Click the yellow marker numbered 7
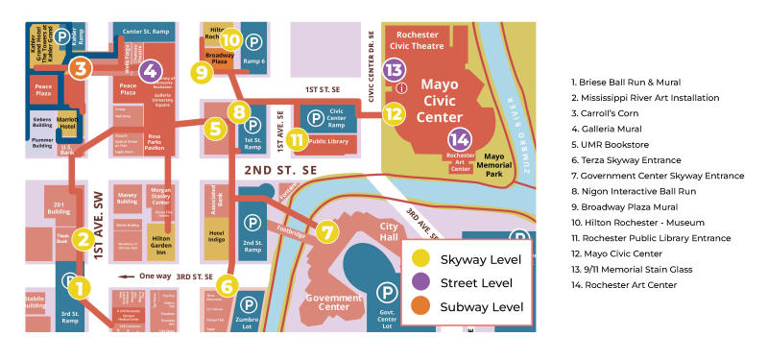327,231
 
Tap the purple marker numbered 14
460,140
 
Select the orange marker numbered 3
81,68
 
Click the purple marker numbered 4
149,70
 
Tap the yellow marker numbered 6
228,285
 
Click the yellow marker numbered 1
81,286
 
